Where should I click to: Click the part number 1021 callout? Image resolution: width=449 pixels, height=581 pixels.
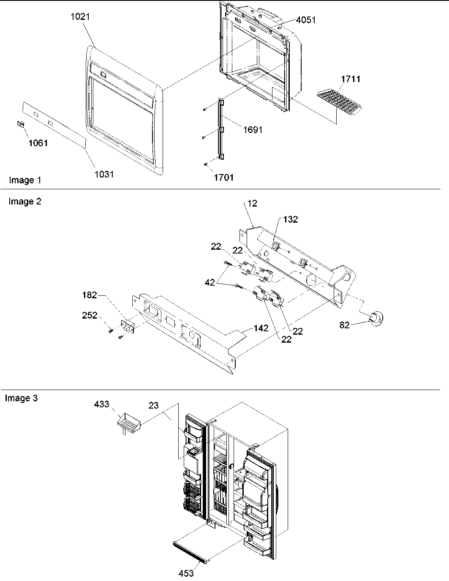pos(81,17)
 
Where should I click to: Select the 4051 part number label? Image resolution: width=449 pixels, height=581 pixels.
pos(306,20)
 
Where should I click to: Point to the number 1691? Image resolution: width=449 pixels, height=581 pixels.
pos(253,130)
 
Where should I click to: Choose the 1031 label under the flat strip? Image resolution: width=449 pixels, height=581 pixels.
pos(104,174)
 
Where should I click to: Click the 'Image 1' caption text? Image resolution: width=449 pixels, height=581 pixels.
pos(25,180)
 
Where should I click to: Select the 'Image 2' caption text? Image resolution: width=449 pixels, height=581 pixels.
pos(25,202)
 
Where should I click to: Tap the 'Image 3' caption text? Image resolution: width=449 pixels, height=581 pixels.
pos(21,398)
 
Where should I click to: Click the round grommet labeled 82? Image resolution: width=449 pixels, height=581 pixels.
pos(375,317)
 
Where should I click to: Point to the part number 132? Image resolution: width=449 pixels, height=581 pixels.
pos(291,219)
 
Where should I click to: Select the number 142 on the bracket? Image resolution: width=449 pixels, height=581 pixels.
pos(261,328)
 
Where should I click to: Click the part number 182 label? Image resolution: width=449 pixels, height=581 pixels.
pos(90,295)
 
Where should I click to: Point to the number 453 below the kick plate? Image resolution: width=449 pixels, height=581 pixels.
pos(186,573)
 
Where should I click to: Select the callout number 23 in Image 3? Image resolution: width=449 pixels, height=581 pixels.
pos(153,405)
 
